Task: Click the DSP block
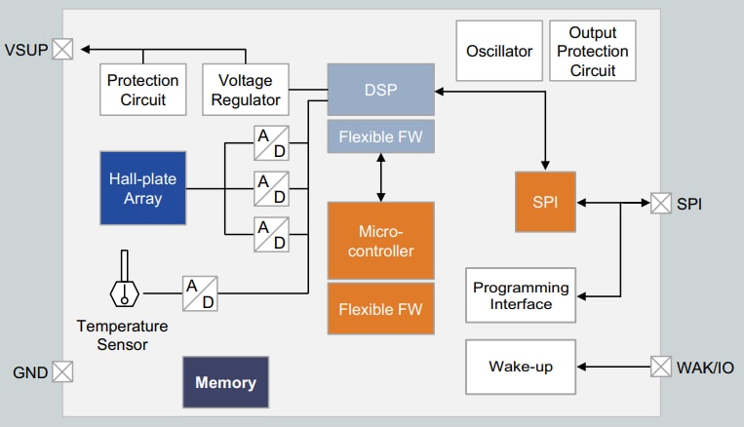[381, 91]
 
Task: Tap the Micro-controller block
[381, 242]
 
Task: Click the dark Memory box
[225, 382]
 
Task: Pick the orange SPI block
[545, 202]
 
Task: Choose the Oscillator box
[499, 51]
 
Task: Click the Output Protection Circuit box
[593, 52]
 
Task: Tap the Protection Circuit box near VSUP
[143, 90]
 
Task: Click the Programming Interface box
[521, 295]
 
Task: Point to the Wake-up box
[521, 367]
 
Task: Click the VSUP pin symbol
[62, 49]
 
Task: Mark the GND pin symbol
[62, 371]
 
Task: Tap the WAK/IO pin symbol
[661, 367]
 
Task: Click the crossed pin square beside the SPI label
[661, 203]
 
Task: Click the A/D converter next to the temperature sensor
[200, 292]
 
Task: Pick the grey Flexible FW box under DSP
[381, 137]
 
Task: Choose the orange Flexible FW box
[381, 309]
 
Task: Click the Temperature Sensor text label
[122, 334]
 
